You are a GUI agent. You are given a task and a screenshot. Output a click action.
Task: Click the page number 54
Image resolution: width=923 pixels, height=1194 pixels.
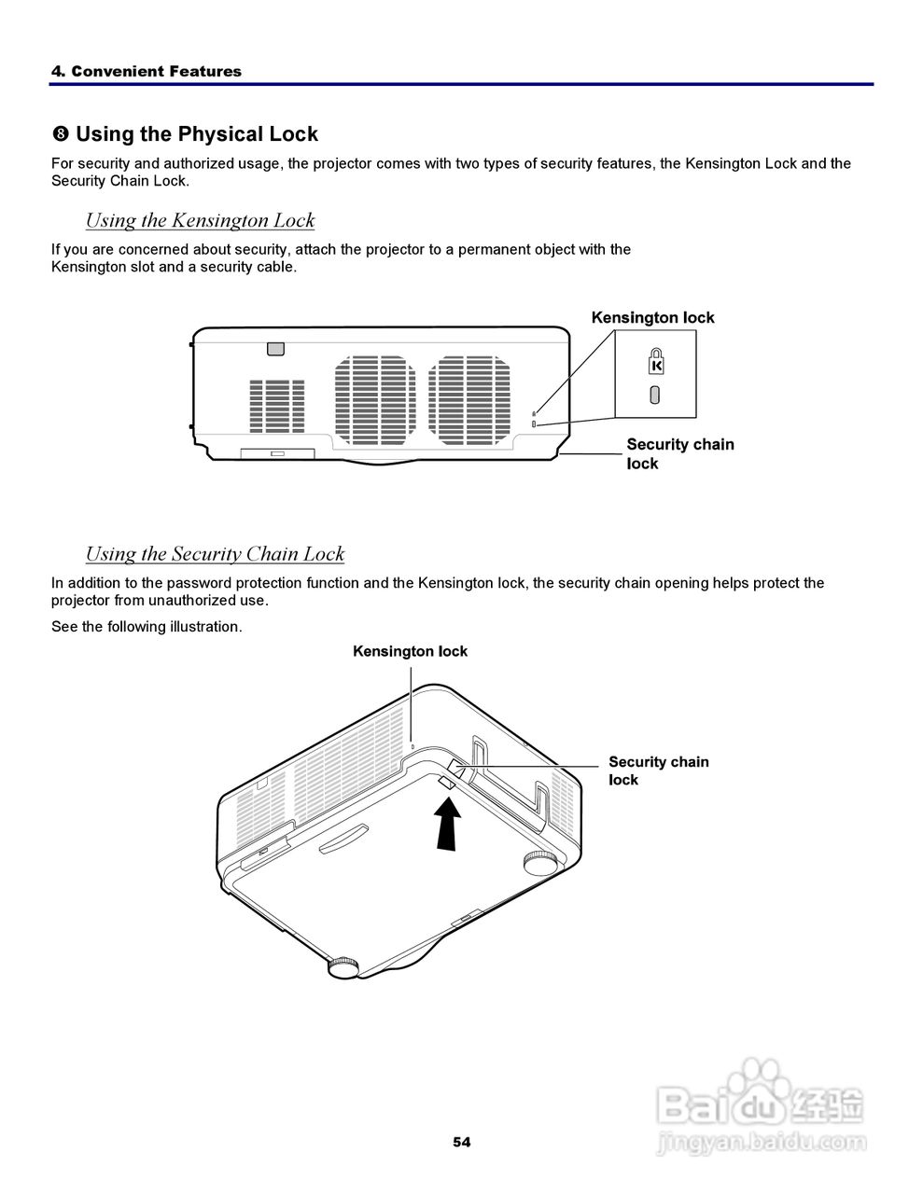pyautogui.click(x=462, y=1142)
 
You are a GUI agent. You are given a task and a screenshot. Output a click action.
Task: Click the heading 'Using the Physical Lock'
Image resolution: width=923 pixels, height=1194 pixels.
pyautogui.click(x=196, y=134)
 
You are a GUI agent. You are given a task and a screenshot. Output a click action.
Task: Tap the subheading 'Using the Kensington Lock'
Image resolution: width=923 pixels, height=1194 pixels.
pyautogui.click(x=200, y=220)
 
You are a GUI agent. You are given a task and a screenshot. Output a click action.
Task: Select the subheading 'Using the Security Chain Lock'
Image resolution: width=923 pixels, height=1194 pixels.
pyautogui.click(x=215, y=554)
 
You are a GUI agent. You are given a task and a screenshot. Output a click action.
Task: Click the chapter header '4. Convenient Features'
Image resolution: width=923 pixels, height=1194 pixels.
pyautogui.click(x=147, y=72)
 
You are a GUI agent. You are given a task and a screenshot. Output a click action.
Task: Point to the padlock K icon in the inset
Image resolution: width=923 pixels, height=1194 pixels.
pyautogui.click(x=655, y=360)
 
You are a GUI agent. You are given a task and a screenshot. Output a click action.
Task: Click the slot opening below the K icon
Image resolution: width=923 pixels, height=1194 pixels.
pyautogui.click(x=655, y=395)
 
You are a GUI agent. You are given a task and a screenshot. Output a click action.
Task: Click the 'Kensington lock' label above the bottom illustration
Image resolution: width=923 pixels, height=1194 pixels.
pyautogui.click(x=410, y=651)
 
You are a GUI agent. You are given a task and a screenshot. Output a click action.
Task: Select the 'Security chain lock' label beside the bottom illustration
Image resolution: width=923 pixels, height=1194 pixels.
pyautogui.click(x=658, y=771)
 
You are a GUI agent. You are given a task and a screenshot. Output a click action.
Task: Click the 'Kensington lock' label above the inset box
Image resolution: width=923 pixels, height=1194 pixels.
pyautogui.click(x=652, y=317)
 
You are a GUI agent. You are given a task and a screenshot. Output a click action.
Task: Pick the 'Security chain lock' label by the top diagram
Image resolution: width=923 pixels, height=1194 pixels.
pyautogui.click(x=679, y=453)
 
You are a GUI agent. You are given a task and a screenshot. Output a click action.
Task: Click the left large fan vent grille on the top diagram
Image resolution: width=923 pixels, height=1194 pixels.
pyautogui.click(x=375, y=398)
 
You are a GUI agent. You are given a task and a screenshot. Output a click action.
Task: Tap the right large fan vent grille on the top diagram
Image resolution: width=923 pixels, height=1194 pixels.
pyautogui.click(x=470, y=398)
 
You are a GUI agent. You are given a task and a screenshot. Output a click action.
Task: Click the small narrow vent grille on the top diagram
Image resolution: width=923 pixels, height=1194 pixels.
pyautogui.click(x=277, y=406)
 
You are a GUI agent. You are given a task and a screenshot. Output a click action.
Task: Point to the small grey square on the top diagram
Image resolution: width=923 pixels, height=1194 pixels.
pyautogui.click(x=274, y=348)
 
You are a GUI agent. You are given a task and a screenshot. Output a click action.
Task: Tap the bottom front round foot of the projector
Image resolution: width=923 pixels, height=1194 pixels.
pyautogui.click(x=343, y=966)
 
